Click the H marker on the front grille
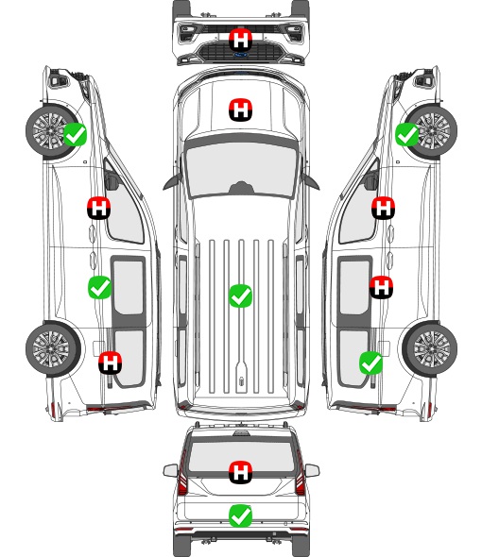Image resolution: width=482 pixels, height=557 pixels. [x=240, y=40]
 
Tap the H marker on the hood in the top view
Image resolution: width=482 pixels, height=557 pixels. [x=240, y=110]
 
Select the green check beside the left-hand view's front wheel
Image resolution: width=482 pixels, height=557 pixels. [x=75, y=134]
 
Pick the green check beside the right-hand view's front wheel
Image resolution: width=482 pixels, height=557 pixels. [x=407, y=134]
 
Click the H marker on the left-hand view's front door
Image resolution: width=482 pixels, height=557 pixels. [x=98, y=208]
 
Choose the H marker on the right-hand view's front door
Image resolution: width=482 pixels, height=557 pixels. [x=383, y=208]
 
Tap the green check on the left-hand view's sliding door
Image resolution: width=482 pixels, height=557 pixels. [x=99, y=287]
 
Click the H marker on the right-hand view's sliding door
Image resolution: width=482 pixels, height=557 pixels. [x=381, y=287]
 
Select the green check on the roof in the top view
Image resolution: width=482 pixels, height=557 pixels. [x=240, y=295]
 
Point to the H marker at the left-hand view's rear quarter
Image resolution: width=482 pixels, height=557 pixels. [x=110, y=363]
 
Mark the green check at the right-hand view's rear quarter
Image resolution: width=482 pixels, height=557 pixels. [x=371, y=363]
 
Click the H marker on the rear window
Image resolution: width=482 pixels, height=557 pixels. [x=240, y=472]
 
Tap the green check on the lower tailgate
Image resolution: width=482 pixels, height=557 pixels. [x=240, y=515]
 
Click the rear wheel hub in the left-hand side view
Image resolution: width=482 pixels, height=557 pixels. [x=51, y=348]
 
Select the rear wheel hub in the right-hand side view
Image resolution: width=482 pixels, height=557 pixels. [x=432, y=348]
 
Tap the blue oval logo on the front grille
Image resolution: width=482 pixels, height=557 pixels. [x=241, y=55]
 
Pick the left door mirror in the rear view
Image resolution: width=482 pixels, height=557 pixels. [x=170, y=471]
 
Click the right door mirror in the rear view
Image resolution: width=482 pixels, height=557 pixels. [x=312, y=471]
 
